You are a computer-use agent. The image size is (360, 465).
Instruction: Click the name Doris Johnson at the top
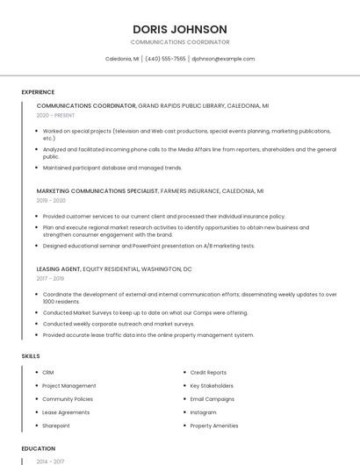[180, 29]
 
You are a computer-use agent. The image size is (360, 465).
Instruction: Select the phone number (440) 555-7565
[165, 59]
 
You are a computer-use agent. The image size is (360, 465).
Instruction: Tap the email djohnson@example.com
[223, 59]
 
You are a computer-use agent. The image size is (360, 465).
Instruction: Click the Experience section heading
[38, 92]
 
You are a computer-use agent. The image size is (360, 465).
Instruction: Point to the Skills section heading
[31, 356]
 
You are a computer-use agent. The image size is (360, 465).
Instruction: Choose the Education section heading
[39, 448]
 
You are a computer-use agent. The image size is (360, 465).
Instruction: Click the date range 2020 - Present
[56, 115]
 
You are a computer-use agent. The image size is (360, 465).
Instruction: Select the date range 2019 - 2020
[51, 200]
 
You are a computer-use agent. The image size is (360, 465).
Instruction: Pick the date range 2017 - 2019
[51, 278]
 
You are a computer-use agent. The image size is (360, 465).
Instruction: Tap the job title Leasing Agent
[59, 268]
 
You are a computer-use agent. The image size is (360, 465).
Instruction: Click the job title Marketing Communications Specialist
[97, 190]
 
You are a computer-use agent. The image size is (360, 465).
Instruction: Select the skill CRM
[48, 372]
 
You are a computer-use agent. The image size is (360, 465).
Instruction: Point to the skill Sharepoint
[56, 426]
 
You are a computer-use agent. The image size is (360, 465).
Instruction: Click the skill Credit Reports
[208, 372]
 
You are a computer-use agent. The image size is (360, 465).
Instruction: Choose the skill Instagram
[203, 412]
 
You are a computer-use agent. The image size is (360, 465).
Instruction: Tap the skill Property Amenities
[214, 426]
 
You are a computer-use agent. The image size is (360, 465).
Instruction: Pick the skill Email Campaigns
[212, 399]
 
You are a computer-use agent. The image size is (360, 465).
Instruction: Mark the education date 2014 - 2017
[49, 461]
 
